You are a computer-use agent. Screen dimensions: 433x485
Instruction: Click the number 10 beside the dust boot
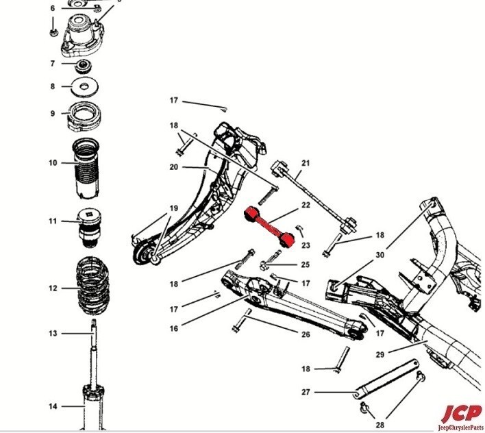(x=53, y=163)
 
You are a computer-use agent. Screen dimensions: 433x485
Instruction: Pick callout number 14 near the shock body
(x=53, y=407)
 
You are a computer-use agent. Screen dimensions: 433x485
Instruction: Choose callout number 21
(x=306, y=163)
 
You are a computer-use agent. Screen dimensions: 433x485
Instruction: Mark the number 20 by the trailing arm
(x=174, y=167)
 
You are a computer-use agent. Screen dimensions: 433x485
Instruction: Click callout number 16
(x=174, y=329)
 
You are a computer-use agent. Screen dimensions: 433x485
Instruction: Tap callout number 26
(x=306, y=334)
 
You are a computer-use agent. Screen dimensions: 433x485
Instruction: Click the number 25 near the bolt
(x=306, y=264)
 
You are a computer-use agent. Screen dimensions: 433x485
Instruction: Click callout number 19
(x=173, y=208)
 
